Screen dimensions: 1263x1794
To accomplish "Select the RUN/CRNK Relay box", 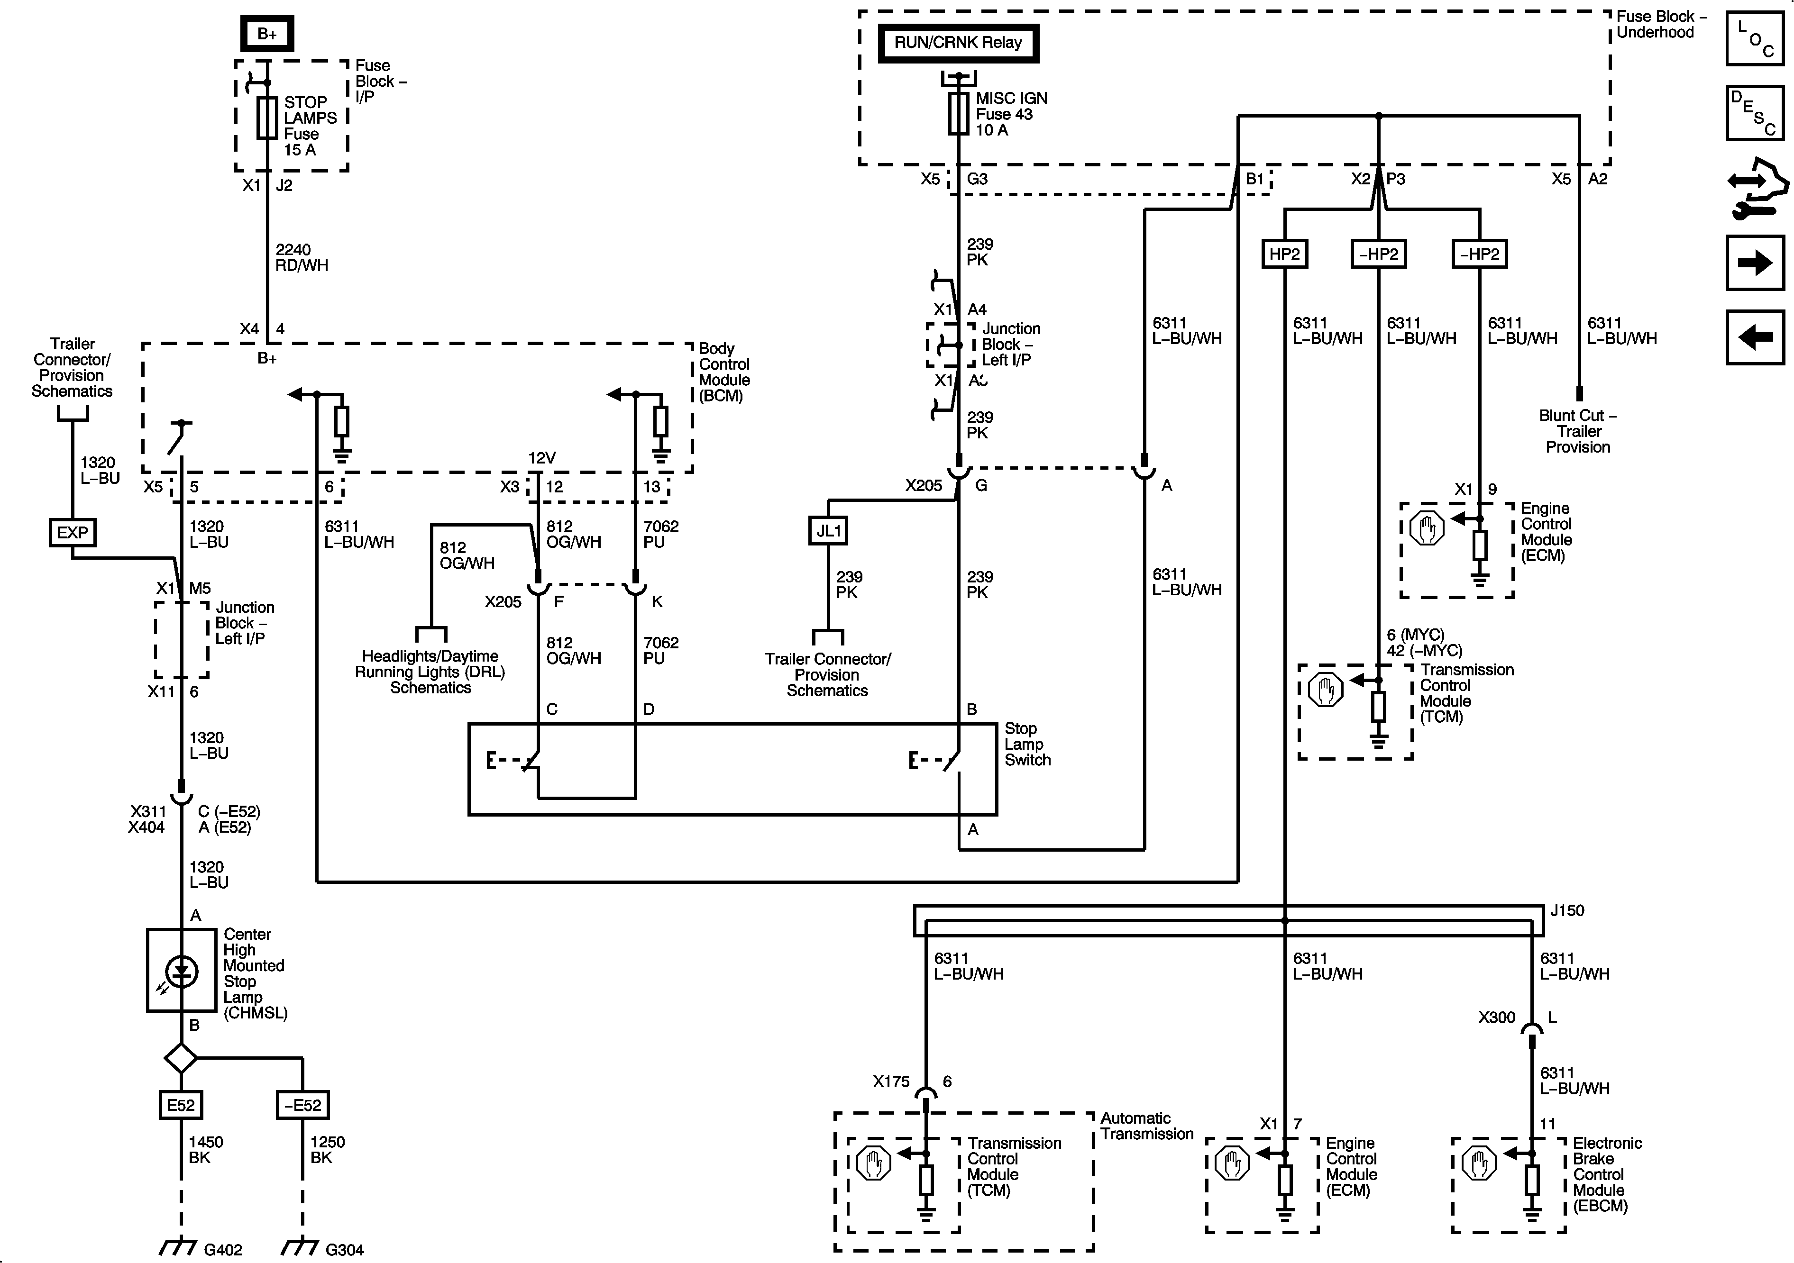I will pyautogui.click(x=958, y=43).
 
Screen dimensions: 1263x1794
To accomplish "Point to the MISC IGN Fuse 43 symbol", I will pyautogui.click(x=959, y=113).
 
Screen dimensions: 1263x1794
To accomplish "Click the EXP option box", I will pyautogui.click(x=73, y=533).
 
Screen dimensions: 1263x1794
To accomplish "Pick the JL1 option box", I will pyautogui.click(x=828, y=531).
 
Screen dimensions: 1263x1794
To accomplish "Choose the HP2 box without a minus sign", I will pyautogui.click(x=1284, y=254).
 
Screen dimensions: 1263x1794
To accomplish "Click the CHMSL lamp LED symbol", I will pyautogui.click(x=181, y=971).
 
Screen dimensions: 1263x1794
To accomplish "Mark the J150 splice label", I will pyautogui.click(x=1566, y=911).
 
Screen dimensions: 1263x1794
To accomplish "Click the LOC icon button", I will pyautogui.click(x=1754, y=38).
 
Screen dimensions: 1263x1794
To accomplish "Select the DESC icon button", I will pyautogui.click(x=1754, y=113).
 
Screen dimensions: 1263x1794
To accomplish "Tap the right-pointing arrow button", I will pyautogui.click(x=1754, y=263).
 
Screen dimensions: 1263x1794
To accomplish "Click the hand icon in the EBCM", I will pyautogui.click(x=1479, y=1163).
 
